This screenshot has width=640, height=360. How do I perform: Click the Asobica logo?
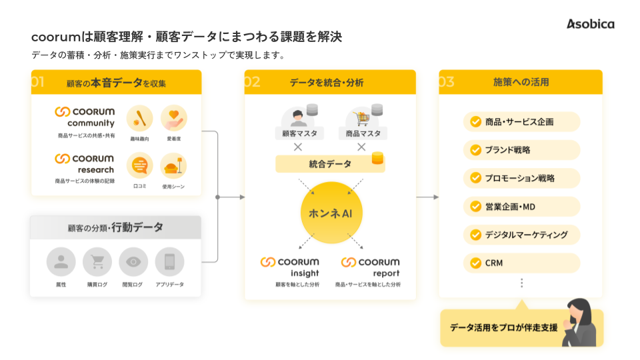pyautogui.click(x=591, y=24)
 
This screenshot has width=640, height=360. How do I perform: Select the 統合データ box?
pyautogui.click(x=330, y=163)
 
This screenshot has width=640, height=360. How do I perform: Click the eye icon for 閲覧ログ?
pyautogui.click(x=133, y=262)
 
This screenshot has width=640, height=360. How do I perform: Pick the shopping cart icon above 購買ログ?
pyautogui.click(x=97, y=262)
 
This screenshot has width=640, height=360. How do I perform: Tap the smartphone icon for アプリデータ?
pyautogui.click(x=169, y=262)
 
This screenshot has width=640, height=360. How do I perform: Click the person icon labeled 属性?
pyautogui.click(x=61, y=262)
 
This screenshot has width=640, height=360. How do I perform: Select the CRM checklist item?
pyautogui.click(x=521, y=263)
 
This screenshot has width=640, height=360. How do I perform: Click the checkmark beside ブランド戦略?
pyautogui.click(x=475, y=150)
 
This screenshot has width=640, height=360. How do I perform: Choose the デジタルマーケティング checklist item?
pyautogui.click(x=521, y=235)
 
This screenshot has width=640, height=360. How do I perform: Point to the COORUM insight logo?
pyautogui.click(x=290, y=267)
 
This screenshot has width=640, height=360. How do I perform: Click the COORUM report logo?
pyautogui.click(x=370, y=267)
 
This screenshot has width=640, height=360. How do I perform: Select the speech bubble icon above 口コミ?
pyautogui.click(x=139, y=165)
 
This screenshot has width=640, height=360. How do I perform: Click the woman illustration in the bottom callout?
pyautogui.click(x=579, y=323)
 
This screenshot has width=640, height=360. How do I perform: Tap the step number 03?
pyautogui.click(x=446, y=82)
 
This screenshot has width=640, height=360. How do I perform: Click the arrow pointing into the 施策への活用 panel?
pyautogui.click(x=427, y=197)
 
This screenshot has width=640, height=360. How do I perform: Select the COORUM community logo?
pyautogui.click(x=85, y=117)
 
